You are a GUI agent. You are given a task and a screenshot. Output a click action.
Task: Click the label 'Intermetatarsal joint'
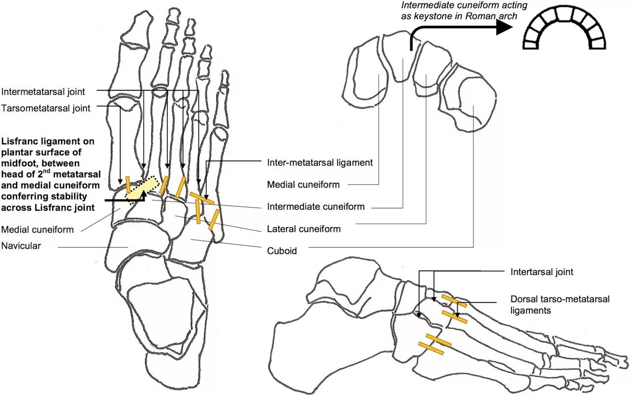click(43, 92)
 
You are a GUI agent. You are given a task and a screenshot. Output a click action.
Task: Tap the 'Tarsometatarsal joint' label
click(46, 108)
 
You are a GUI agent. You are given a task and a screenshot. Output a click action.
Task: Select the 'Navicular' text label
click(21, 246)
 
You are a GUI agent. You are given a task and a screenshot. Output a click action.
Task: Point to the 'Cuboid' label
click(282, 251)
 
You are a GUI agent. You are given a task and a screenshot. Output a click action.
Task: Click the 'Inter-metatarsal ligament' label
click(319, 162)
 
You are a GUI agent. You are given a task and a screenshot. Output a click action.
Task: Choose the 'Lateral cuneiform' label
click(304, 229)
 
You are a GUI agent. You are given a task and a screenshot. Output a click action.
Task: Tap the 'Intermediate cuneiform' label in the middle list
click(315, 207)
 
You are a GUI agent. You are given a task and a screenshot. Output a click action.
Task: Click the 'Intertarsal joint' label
click(541, 271)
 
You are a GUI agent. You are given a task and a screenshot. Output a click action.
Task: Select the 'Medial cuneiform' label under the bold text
click(37, 230)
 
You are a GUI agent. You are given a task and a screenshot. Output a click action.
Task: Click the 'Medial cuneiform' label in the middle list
click(303, 185)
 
